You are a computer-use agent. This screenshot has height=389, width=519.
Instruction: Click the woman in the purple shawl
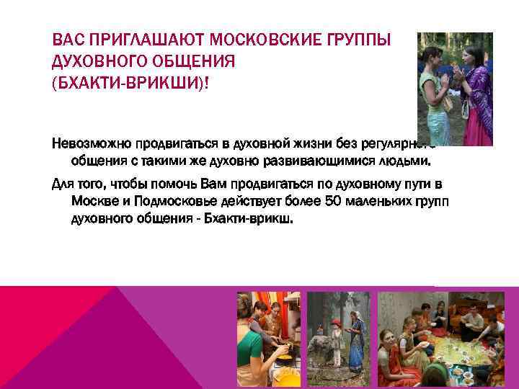tap(471, 79)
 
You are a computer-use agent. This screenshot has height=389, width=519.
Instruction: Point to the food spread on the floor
tap(454, 353)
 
